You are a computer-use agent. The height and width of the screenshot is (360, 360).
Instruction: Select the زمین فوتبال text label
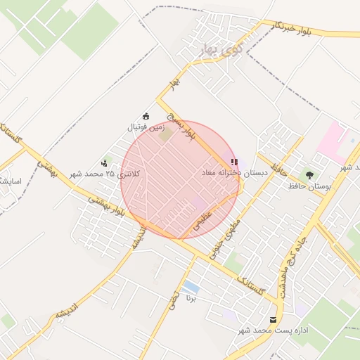click(x=146, y=128)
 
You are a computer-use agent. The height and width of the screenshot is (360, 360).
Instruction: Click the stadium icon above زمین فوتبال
click(x=146, y=116)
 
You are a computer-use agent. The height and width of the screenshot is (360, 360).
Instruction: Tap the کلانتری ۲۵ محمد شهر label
click(x=105, y=174)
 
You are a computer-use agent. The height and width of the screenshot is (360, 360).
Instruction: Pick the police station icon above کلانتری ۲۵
click(x=105, y=163)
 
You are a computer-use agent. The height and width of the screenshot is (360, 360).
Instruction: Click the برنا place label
click(x=190, y=298)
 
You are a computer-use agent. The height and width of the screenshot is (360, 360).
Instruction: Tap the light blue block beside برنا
click(x=190, y=287)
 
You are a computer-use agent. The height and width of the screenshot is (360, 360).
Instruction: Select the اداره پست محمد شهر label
click(x=263, y=330)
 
